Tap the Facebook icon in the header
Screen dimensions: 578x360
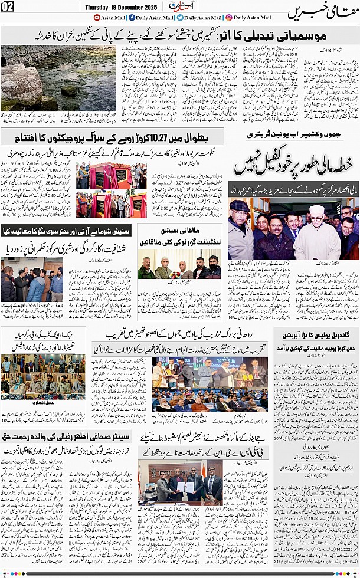131,18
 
